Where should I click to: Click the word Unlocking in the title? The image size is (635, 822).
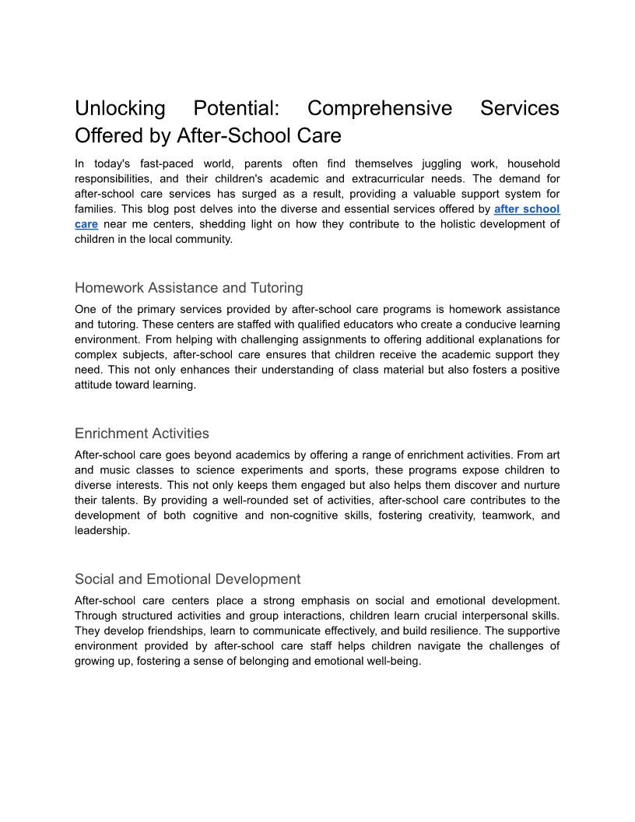click(120, 108)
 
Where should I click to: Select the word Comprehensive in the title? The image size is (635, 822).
click(380, 108)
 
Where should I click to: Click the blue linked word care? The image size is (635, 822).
click(86, 224)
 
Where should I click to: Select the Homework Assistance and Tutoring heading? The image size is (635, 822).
click(189, 288)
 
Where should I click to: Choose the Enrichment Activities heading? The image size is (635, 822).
click(142, 434)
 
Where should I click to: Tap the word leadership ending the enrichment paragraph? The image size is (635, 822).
click(101, 530)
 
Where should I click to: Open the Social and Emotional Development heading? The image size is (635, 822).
click(188, 579)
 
